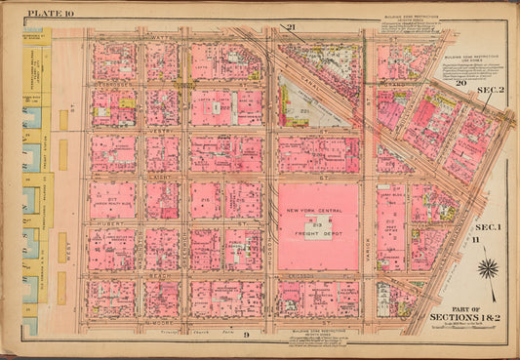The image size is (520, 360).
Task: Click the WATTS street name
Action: tap(163, 38)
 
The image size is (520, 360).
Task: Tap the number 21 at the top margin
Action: tap(290, 26)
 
